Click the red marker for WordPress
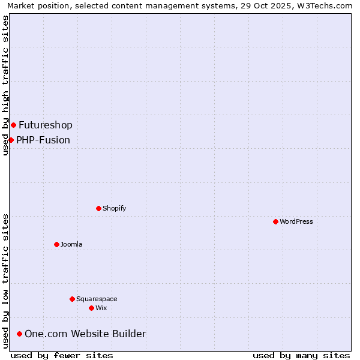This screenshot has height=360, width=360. (x=275, y=221)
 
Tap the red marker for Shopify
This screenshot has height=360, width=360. (x=98, y=208)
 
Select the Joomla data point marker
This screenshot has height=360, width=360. (x=56, y=244)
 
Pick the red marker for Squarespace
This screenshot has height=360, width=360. (x=72, y=299)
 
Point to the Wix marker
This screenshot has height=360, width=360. (x=91, y=308)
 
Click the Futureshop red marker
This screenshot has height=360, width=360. (x=13, y=125)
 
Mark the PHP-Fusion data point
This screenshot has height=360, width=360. (x=11, y=140)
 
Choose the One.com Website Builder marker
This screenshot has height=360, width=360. (x=19, y=334)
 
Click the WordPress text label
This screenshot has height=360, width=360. (x=296, y=221)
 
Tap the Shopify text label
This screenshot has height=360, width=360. (x=114, y=208)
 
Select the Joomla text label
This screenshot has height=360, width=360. (x=71, y=244)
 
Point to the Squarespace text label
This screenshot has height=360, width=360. (x=97, y=299)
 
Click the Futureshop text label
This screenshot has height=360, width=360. (x=46, y=125)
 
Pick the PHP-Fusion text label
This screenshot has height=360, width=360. (x=43, y=140)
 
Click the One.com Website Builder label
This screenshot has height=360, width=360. (x=85, y=334)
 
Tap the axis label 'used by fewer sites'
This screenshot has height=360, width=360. (x=62, y=355)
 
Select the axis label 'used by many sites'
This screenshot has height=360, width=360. (x=301, y=355)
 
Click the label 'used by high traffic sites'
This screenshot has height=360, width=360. (x=5, y=85)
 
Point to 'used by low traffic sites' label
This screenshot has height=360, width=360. (x=5, y=280)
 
